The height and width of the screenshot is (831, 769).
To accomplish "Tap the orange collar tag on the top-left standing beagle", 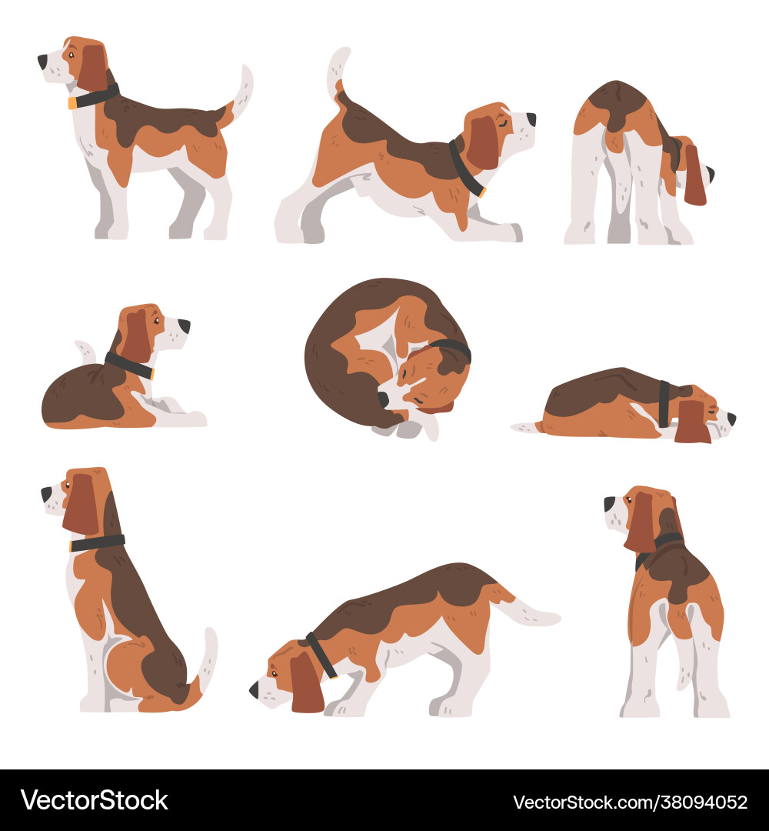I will [x=72, y=103].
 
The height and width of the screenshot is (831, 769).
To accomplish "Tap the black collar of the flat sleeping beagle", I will [x=664, y=404].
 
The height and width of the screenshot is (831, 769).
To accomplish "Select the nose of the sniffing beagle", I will [x=255, y=689].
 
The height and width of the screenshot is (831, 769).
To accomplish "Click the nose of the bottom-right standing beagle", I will [x=609, y=504].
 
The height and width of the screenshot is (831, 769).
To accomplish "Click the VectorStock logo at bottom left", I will [x=95, y=801].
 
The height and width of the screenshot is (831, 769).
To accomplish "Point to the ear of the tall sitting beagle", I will [x=82, y=504].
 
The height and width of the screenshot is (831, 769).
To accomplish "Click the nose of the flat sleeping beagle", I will [x=731, y=419].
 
